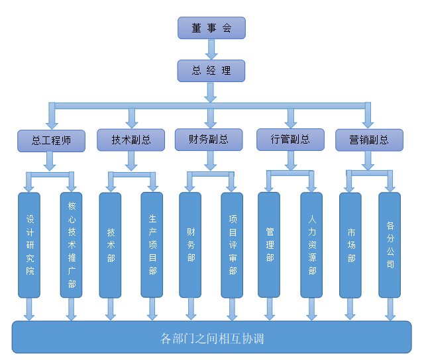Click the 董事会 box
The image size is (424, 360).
pyautogui.click(x=211, y=28)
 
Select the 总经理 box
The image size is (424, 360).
pyautogui.click(x=211, y=71)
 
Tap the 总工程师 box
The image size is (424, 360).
pyautogui.click(x=51, y=140)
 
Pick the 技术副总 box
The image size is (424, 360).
pyautogui.click(x=131, y=140)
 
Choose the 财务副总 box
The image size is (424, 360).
pyautogui.click(x=209, y=139)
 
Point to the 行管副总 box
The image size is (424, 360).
pyautogui.click(x=290, y=140)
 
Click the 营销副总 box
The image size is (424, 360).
pyautogui.click(x=370, y=140)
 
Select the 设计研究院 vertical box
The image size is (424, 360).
pyautogui.click(x=29, y=245)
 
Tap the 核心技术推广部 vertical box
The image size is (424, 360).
pyautogui.click(x=72, y=245)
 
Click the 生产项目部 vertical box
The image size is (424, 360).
pyautogui.click(x=152, y=245)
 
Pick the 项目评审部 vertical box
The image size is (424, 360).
pyautogui.click(x=232, y=245)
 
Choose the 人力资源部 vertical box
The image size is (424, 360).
pyautogui.click(x=311, y=245)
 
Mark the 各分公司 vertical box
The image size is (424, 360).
pyautogui.click(x=390, y=245)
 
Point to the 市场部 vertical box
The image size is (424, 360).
pyautogui.click(x=350, y=245)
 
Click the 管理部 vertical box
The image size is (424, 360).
pyautogui.click(x=269, y=245)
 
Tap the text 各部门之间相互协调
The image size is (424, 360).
pyautogui.click(x=212, y=339)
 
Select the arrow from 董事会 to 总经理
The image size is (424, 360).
pyautogui.click(x=211, y=50)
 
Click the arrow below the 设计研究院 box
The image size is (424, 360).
pyautogui.click(x=29, y=309)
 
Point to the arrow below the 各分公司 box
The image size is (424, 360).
pyautogui.click(x=390, y=309)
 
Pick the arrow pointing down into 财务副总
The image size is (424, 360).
pyautogui.click(x=211, y=118)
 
